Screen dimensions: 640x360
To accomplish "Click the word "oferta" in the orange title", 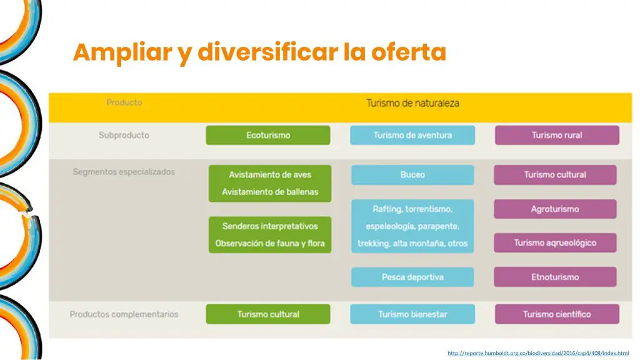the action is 409,52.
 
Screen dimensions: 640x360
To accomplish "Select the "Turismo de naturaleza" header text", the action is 412,103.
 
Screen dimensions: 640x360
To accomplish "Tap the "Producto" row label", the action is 124,102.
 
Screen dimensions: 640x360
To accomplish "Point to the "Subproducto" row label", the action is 124,135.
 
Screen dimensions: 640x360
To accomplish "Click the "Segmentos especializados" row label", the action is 124,172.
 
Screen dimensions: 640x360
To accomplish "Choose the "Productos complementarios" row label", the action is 124,314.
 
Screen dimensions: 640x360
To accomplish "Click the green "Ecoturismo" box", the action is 268,135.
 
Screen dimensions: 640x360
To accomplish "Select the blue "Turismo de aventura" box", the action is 412,135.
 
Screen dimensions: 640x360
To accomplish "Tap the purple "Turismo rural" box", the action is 557,135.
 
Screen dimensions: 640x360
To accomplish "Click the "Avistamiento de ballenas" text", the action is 270,192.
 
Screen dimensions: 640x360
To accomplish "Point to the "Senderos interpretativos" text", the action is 270,226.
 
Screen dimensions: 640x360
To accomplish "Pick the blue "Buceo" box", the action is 412,175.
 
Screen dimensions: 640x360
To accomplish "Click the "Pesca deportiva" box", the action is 412,277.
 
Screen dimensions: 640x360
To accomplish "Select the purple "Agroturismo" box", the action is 555,209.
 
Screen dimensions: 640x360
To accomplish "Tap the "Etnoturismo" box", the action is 555,277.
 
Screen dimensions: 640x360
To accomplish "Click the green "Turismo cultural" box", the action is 268,314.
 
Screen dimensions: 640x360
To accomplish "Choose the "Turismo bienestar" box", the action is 412,314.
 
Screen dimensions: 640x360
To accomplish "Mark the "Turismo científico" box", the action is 557,314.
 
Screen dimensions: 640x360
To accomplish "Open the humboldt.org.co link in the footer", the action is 538,353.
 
